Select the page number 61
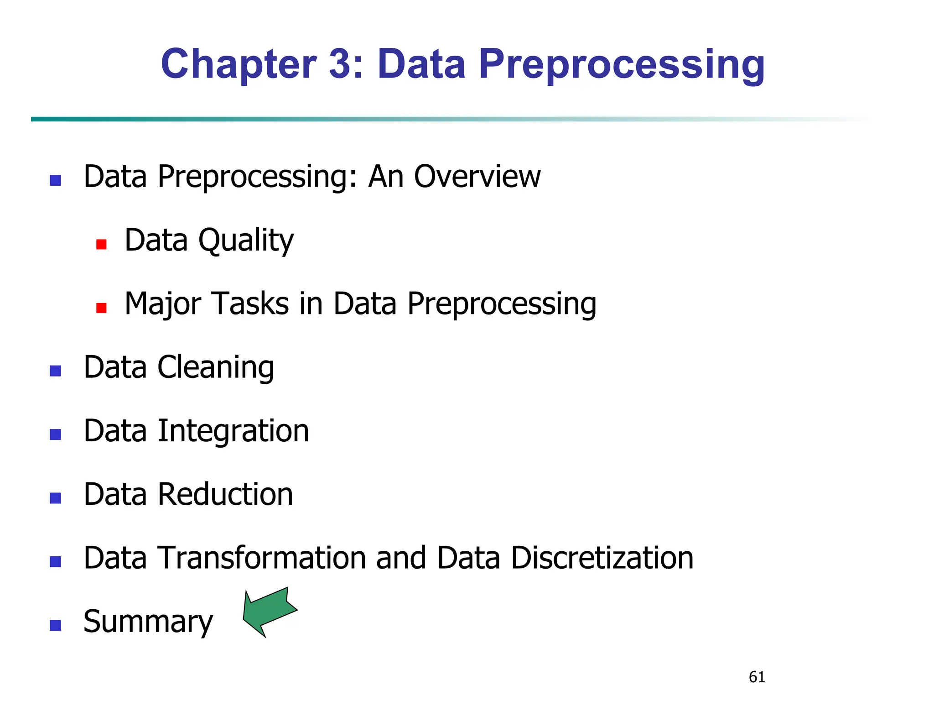click(757, 677)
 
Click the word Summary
click(148, 622)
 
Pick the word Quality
click(246, 241)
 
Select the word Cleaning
click(216, 367)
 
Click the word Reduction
click(225, 494)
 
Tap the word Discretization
click(602, 558)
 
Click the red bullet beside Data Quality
click(101, 245)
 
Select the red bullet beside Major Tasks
click(101, 308)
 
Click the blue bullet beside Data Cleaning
click(55, 371)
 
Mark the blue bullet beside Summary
click(55, 625)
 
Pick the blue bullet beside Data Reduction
click(55, 498)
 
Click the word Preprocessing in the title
click(622, 65)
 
